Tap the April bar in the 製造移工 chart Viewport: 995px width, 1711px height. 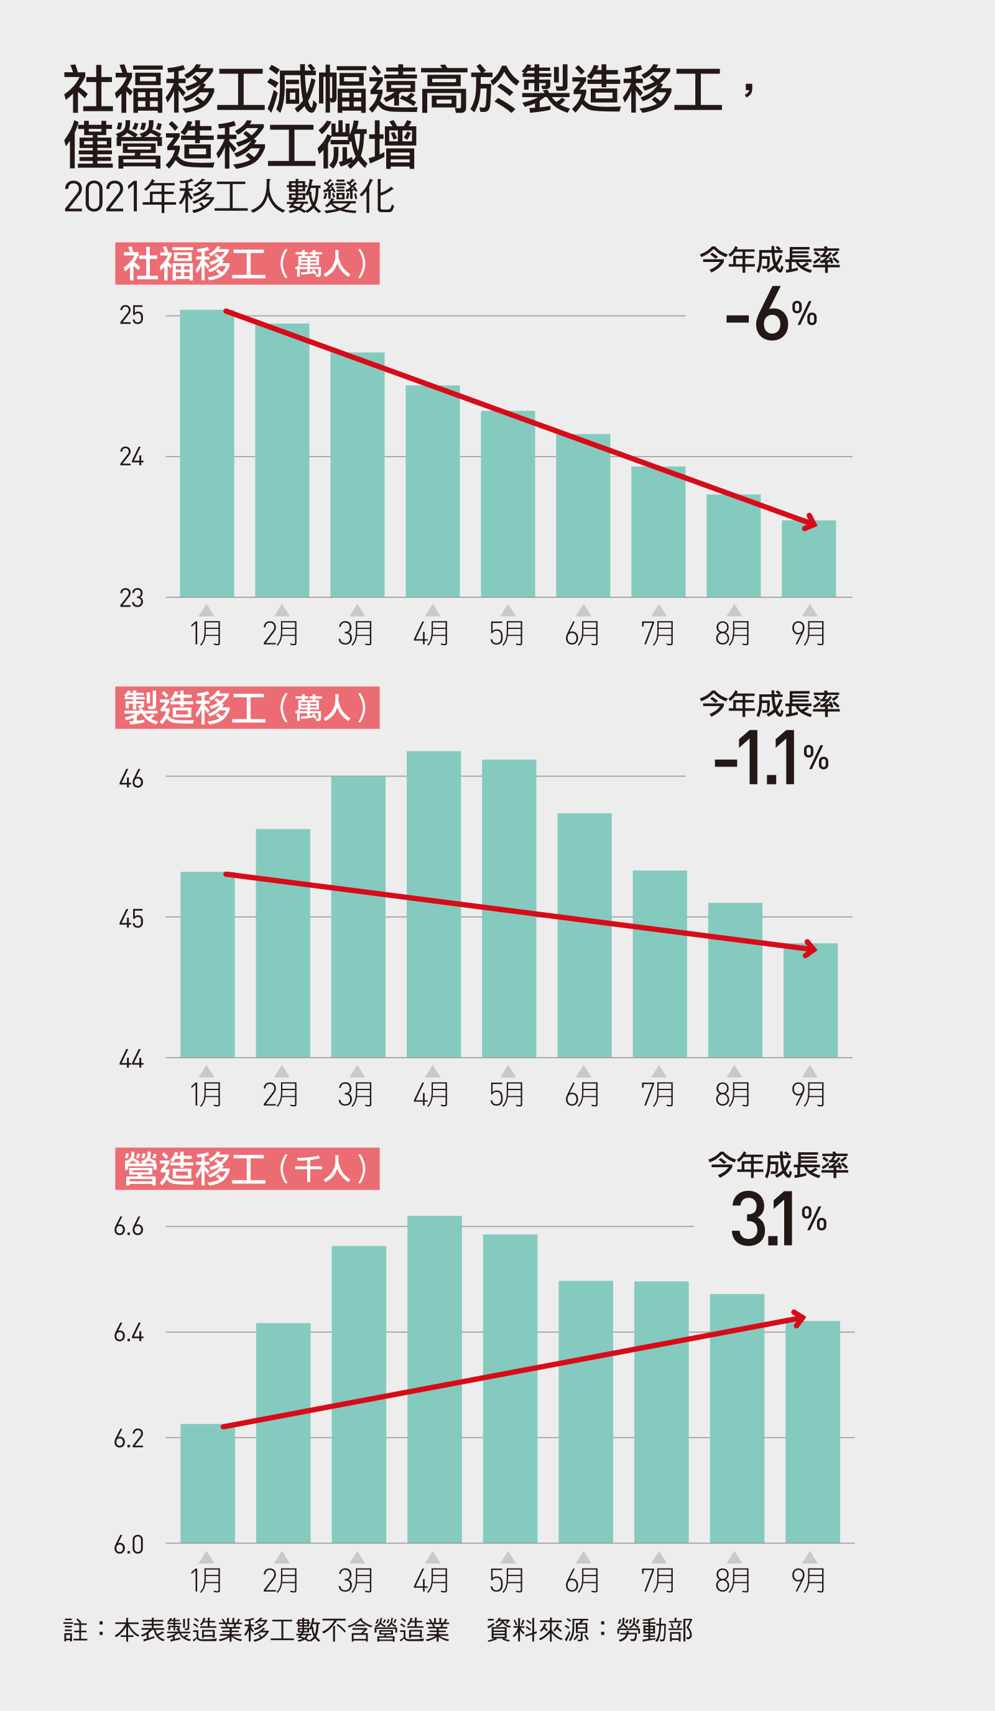tap(433, 903)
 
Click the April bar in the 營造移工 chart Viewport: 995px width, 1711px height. tap(434, 1379)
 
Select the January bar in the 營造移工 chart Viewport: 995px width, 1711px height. tap(208, 1483)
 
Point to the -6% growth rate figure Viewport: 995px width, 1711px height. tap(771, 314)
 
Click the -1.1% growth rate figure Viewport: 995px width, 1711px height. tap(771, 758)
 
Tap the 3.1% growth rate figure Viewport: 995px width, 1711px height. tap(778, 1219)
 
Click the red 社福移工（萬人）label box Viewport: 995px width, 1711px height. tap(247, 263)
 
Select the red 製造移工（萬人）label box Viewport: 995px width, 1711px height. tap(247, 707)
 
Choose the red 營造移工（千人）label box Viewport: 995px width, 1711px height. tap(247, 1168)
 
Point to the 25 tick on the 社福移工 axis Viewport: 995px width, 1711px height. tap(132, 315)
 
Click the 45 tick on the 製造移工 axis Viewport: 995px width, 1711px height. tap(132, 918)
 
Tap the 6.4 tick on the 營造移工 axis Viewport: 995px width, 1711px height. tap(129, 1333)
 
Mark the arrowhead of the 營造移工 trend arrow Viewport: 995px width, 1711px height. tap(800, 1318)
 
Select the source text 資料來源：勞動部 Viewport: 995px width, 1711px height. tap(590, 1629)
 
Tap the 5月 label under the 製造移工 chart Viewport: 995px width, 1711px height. tap(507, 1094)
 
